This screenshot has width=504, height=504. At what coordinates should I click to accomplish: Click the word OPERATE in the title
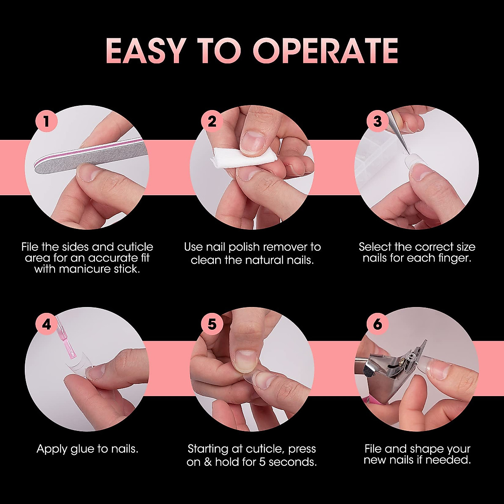(325, 51)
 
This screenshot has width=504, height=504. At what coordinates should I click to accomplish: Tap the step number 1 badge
(46, 121)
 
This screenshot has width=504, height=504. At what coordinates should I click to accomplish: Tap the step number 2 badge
(212, 121)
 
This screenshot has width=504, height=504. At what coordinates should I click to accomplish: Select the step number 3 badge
(377, 121)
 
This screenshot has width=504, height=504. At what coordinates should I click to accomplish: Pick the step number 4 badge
(46, 325)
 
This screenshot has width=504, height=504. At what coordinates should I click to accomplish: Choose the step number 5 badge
(212, 325)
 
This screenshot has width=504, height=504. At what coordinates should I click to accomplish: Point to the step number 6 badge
(377, 325)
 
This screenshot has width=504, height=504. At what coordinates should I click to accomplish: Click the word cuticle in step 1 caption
(135, 247)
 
